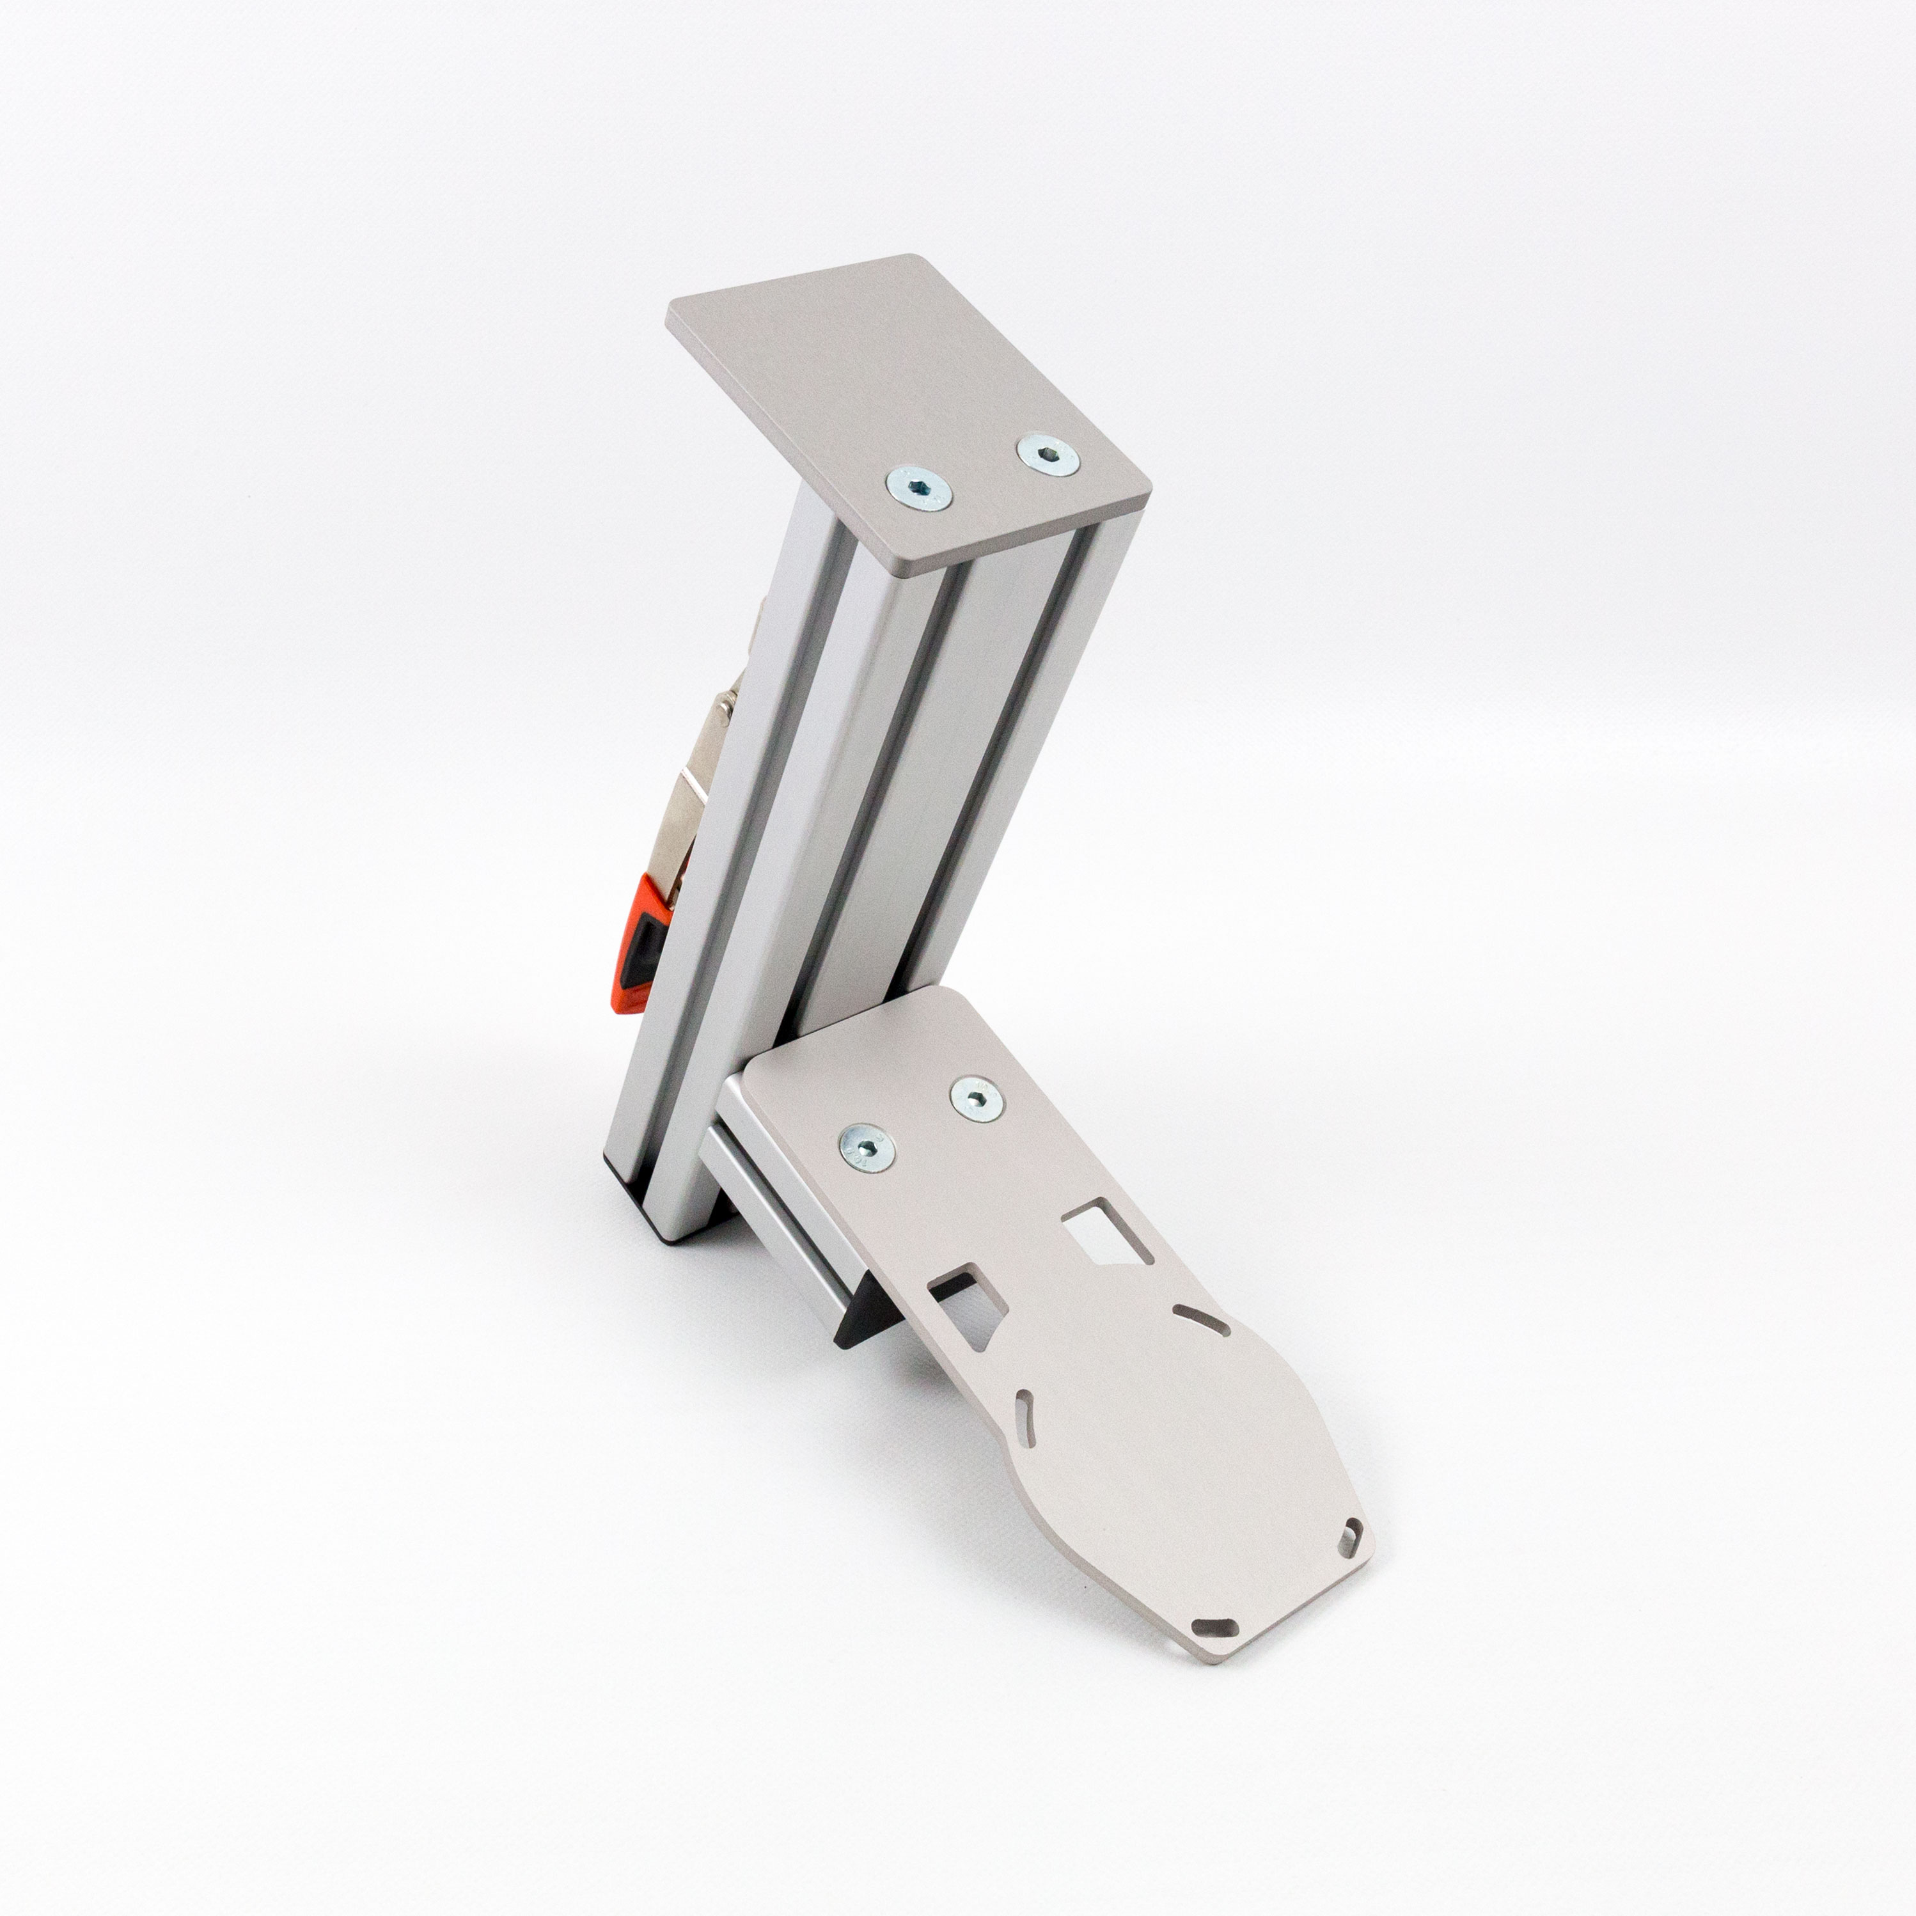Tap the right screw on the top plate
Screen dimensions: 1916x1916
(x=1048, y=456)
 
